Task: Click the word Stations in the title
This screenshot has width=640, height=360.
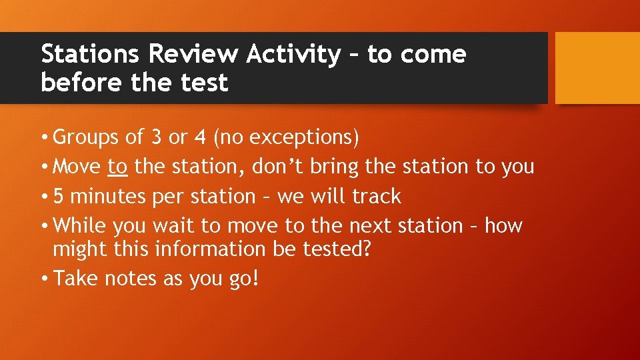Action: click(x=90, y=54)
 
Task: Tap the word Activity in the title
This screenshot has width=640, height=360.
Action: click(x=293, y=55)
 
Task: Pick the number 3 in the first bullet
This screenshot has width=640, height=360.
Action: click(x=156, y=137)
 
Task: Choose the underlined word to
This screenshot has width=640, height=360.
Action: click(x=117, y=167)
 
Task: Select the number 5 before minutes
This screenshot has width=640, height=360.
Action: click(x=59, y=197)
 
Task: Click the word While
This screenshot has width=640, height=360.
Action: click(x=79, y=226)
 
